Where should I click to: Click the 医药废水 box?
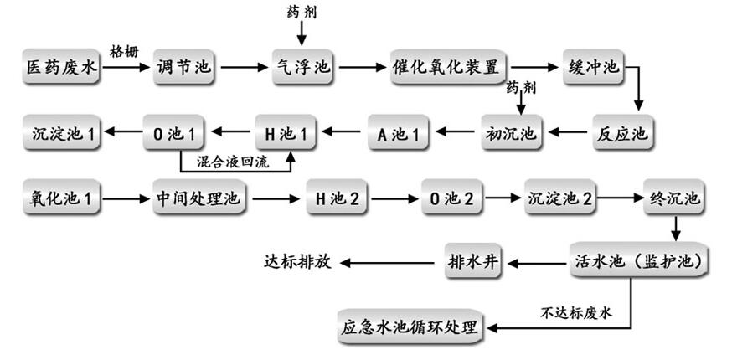click(61, 67)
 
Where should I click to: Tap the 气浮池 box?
click(303, 67)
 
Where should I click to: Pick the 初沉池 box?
click(512, 131)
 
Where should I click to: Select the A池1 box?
click(399, 131)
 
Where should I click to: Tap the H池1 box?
click(287, 131)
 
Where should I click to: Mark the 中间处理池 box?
click(198, 199)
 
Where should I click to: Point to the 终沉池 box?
click(675, 199)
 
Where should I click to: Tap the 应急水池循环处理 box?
click(411, 326)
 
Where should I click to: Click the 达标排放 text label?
click(297, 262)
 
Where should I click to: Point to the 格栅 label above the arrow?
click(125, 52)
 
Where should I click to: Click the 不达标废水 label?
click(577, 312)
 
